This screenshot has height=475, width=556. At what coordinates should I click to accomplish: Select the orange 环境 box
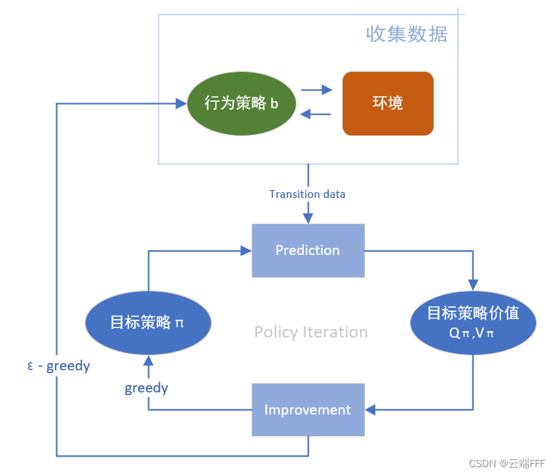pyautogui.click(x=388, y=103)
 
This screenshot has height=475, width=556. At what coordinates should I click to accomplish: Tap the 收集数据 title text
pyautogui.click(x=406, y=33)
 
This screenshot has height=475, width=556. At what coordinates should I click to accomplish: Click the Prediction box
pyautogui.click(x=308, y=251)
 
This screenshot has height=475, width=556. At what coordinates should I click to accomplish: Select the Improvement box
pyautogui.click(x=308, y=410)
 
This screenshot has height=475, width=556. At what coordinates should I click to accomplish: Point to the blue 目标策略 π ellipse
pyautogui.click(x=148, y=322)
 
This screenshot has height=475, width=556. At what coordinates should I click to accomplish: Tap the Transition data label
pyautogui.click(x=307, y=194)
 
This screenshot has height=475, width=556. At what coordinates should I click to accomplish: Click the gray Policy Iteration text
pyautogui.click(x=311, y=333)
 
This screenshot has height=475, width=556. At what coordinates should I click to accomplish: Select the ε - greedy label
pyautogui.click(x=58, y=366)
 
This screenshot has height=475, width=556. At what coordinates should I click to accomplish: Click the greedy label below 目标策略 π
pyautogui.click(x=146, y=388)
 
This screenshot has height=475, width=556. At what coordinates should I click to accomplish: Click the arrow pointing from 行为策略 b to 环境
pyautogui.click(x=317, y=90)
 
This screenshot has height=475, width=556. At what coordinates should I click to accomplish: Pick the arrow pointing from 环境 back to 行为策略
pyautogui.click(x=316, y=114)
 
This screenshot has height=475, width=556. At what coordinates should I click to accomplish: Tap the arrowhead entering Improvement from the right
pyautogui.click(x=371, y=409)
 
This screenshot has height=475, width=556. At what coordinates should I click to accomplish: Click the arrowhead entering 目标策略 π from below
pyautogui.click(x=148, y=360)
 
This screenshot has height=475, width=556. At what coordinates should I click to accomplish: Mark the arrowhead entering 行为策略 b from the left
pyautogui.click(x=180, y=103)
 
